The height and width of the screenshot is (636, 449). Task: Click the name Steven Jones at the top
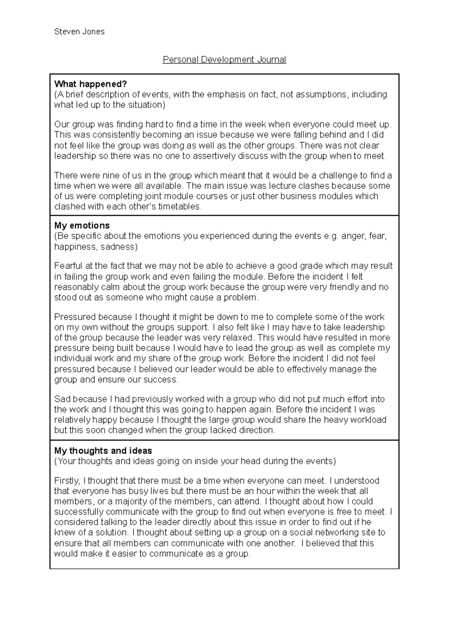click(79, 31)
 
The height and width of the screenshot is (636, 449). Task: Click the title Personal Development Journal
click(224, 60)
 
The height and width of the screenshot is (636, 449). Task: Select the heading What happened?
click(91, 84)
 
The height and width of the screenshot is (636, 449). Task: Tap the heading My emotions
click(82, 225)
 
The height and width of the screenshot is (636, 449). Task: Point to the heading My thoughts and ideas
click(103, 451)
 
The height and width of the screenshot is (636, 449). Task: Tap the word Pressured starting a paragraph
click(74, 317)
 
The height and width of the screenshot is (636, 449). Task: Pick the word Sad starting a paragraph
click(62, 399)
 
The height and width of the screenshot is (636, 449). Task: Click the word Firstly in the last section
click(67, 481)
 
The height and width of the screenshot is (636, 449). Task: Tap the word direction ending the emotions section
click(256, 430)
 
